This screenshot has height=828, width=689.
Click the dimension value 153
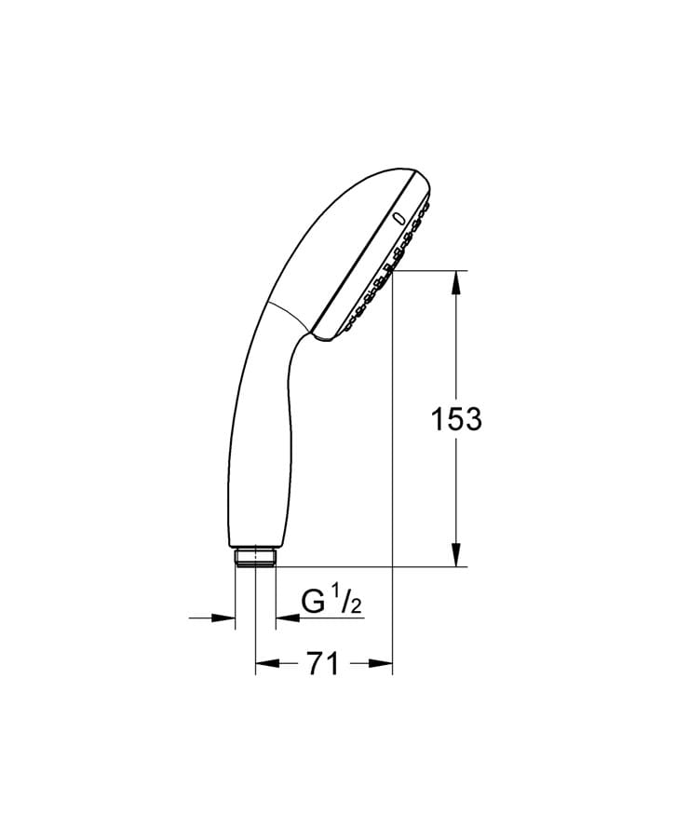tap(456, 419)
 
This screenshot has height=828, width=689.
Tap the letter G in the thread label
tap(314, 604)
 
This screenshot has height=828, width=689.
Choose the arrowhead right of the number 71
tap(381, 664)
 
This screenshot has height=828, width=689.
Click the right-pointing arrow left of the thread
tap(224, 617)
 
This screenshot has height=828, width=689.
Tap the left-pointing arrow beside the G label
tap(285, 617)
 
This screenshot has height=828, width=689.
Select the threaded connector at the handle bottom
tap(255, 556)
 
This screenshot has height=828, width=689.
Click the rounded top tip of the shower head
tap(414, 175)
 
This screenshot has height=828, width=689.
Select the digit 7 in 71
tap(315, 664)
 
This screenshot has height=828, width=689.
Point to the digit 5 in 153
tap(456, 419)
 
